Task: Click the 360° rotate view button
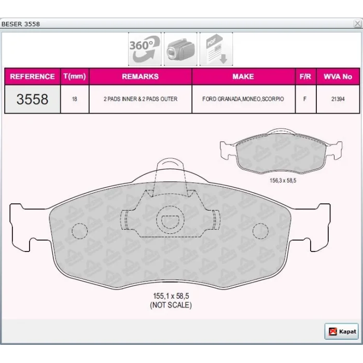145,49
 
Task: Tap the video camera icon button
180,49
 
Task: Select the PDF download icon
216,49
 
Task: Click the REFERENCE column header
32,76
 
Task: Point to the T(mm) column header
75,76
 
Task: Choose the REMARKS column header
141,76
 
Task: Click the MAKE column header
243,76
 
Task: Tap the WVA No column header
338,76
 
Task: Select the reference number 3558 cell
32,99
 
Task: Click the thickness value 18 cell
75,99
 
